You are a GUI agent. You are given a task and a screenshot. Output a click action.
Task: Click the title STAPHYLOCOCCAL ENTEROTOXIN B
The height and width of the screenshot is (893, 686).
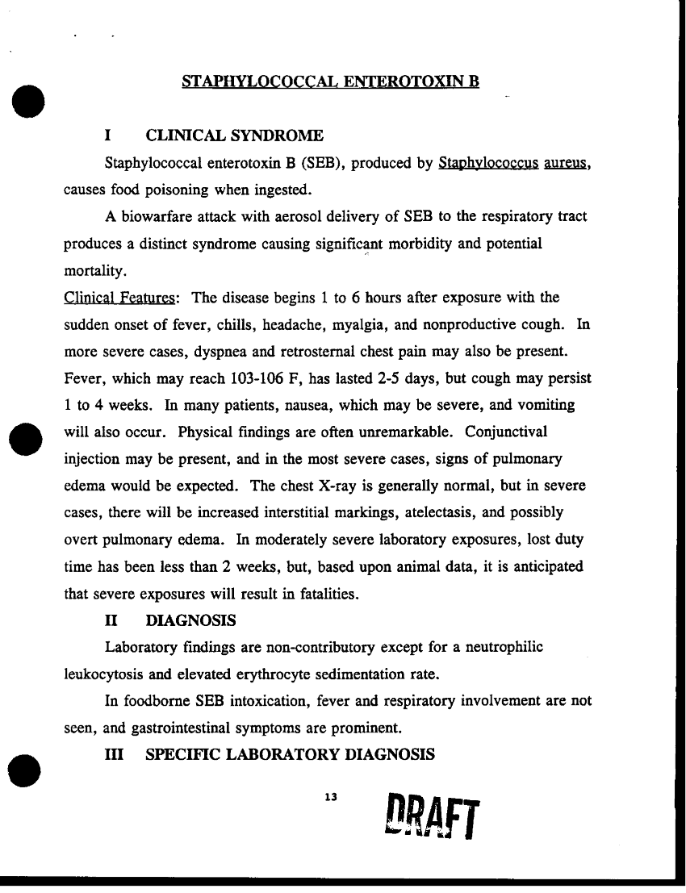coord(331,82)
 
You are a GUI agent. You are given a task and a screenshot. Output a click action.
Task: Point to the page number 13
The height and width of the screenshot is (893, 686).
coord(328,798)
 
